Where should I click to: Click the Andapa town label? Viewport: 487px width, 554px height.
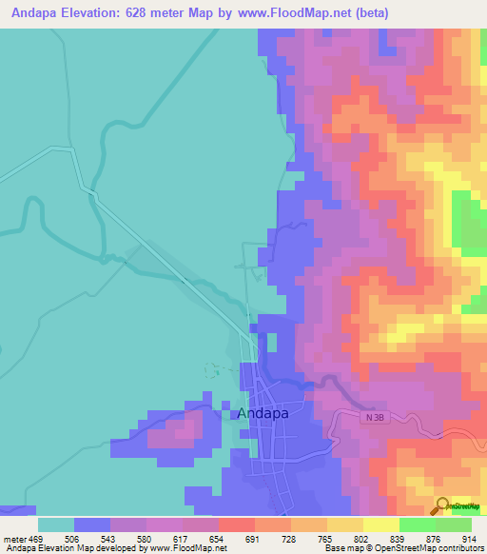coord(262,413)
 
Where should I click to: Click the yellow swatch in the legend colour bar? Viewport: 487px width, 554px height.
coord(381,524)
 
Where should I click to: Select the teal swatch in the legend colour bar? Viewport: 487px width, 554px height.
coord(56,524)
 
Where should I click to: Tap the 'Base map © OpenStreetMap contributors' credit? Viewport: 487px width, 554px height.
coord(401,548)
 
